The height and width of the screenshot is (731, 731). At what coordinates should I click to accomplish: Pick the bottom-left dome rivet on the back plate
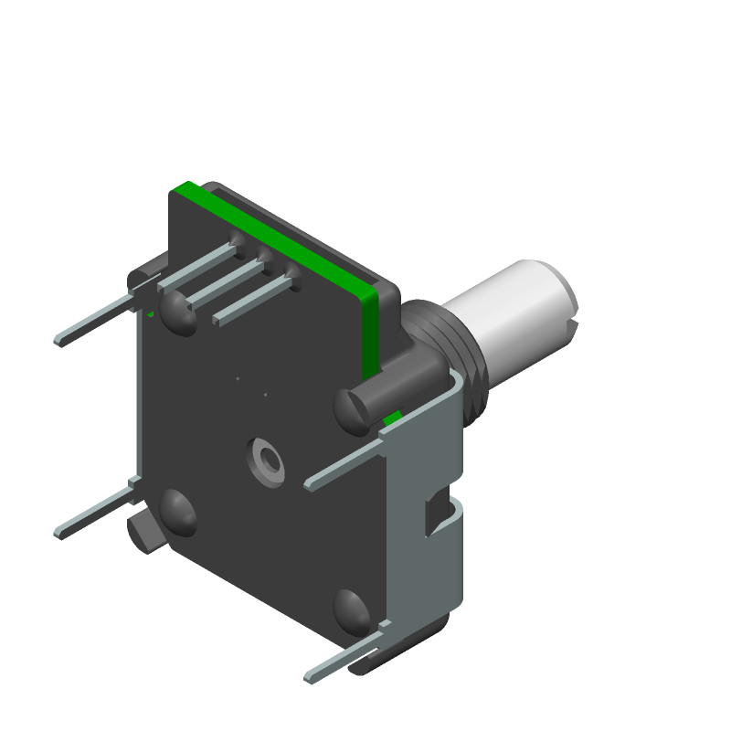177,513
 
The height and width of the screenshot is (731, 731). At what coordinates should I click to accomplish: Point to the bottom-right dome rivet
351,609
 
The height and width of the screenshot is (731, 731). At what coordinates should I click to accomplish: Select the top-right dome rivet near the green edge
353,408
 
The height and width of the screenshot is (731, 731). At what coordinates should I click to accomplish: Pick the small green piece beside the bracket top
393,418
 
